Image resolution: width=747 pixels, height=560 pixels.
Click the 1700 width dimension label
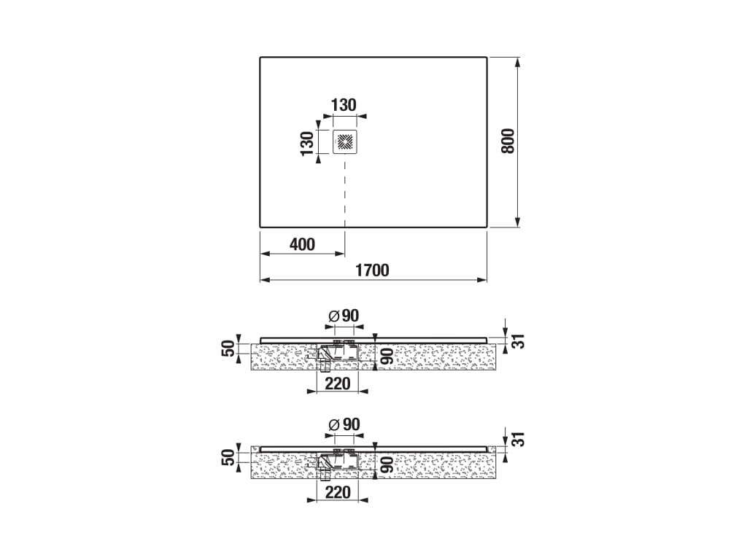pyautogui.click(x=373, y=270)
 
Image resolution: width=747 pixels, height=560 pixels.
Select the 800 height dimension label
pyautogui.click(x=508, y=141)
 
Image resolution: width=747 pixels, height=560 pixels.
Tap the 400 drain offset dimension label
pyautogui.click(x=302, y=244)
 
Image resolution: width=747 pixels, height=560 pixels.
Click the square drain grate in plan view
pyautogui.click(x=345, y=141)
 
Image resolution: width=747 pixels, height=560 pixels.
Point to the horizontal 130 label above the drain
pyautogui.click(x=344, y=105)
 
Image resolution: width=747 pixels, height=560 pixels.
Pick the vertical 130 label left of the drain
pyautogui.click(x=307, y=144)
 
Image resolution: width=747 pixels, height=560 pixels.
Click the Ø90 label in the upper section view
pyautogui.click(x=344, y=316)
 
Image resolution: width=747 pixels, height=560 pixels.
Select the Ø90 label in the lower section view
pyautogui.click(x=344, y=424)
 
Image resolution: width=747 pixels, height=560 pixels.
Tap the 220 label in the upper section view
pyautogui.click(x=338, y=384)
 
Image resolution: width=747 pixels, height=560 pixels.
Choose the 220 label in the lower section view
pyautogui.click(x=338, y=492)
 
